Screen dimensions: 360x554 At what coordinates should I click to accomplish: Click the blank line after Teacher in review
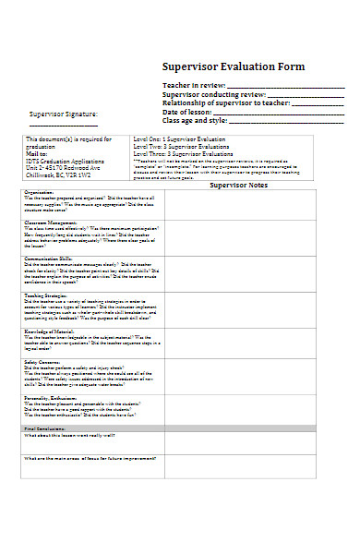coord(295,87)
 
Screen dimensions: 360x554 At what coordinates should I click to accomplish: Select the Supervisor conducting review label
coord(213,95)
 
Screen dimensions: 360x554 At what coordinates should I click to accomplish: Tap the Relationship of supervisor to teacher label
coord(231,103)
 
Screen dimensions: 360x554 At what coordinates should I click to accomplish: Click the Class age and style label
coord(195,120)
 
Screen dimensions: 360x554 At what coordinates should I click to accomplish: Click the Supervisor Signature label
coord(63,114)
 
